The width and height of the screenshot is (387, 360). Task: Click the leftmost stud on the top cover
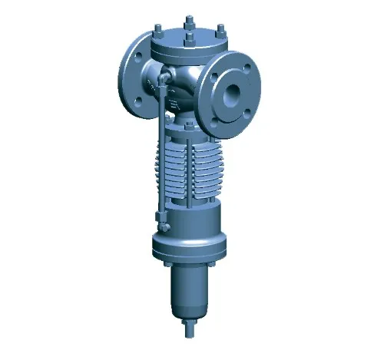click(158, 31)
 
